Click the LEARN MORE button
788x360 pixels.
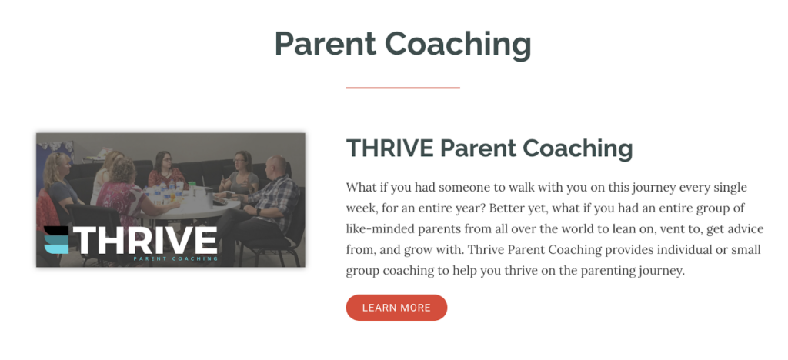point(396,307)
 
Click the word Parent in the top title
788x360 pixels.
point(326,43)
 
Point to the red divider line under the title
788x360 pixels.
point(402,88)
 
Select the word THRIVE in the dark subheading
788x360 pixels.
point(390,148)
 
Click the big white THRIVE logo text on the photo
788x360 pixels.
point(145,240)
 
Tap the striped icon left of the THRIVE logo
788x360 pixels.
point(55,240)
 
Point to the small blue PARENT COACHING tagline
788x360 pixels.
point(176,259)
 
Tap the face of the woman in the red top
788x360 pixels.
point(166,162)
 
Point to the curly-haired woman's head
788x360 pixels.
point(122,171)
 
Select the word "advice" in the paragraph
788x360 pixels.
point(746,229)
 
